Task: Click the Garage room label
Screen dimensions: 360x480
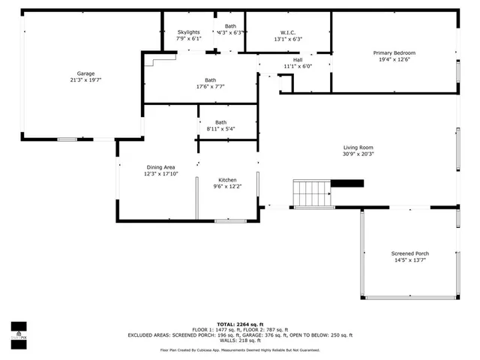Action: (86, 73)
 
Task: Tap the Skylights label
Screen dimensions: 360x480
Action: (188, 32)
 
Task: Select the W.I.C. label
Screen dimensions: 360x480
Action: (288, 32)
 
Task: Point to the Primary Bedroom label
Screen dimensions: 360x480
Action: (394, 52)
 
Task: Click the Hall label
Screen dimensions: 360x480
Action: (297, 59)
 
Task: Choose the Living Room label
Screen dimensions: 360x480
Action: (358, 147)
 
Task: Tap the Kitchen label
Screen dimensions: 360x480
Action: (227, 180)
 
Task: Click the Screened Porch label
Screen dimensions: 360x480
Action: (410, 253)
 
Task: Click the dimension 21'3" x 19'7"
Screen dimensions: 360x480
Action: (86, 79)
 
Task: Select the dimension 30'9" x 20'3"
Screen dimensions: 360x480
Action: (358, 154)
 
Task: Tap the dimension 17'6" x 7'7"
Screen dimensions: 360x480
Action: (210, 86)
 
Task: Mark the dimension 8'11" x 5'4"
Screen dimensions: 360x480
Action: (220, 129)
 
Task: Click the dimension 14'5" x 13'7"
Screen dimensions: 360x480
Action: (410, 260)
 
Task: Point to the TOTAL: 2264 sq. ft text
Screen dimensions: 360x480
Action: (240, 324)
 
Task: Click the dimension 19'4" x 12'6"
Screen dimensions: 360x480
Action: (394, 59)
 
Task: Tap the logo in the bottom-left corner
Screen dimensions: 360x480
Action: (18, 331)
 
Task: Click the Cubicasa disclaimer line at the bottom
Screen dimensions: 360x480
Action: (240, 349)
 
